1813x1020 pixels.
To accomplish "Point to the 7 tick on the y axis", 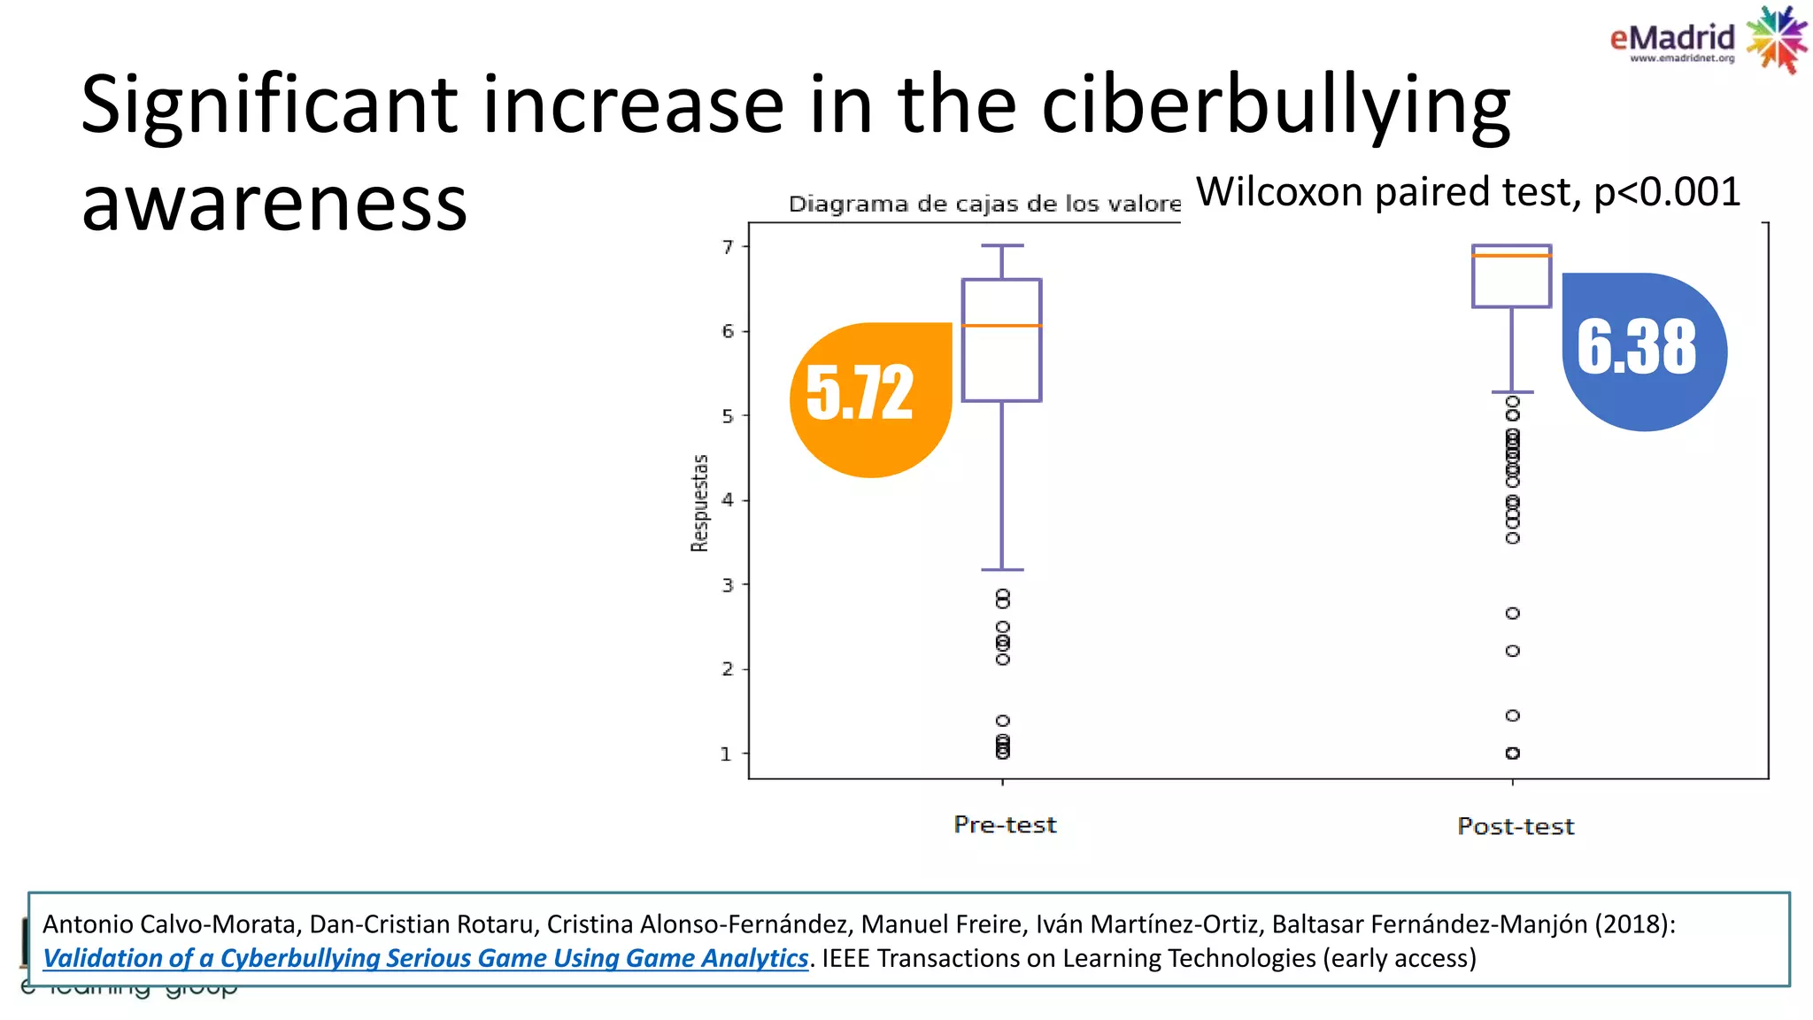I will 729,246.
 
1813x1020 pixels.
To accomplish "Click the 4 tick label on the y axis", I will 729,500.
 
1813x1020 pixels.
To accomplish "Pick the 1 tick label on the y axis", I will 727,754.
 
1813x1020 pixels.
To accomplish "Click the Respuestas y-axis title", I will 700,503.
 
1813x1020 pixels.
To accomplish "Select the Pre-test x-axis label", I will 1005,825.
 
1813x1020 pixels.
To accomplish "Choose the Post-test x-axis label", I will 1516,827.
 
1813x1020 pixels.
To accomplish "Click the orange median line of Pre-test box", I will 1001,326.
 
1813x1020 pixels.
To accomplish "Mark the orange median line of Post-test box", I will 1511,256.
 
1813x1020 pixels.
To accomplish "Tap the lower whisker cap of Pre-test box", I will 1002,569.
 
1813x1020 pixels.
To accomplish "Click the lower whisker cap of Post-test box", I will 1512,391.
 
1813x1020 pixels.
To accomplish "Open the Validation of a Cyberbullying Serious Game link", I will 425,958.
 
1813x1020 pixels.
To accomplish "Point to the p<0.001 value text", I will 1667,192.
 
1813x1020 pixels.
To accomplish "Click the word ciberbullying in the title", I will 1276,106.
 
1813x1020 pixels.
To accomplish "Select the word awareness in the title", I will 274,204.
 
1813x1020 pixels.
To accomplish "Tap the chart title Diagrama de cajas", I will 983,205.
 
